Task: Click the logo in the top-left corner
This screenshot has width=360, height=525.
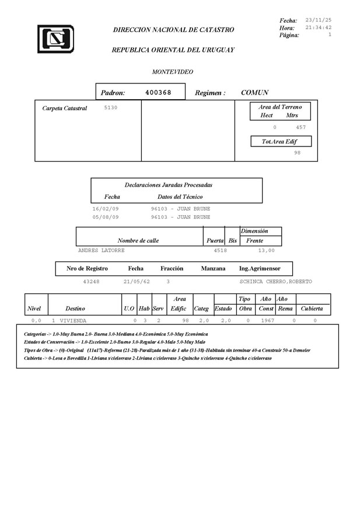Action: pyautogui.click(x=55, y=39)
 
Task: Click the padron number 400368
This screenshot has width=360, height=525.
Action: pyautogui.click(x=158, y=92)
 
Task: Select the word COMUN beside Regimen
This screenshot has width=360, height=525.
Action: pyautogui.click(x=254, y=93)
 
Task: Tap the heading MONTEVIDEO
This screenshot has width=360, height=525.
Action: pyautogui.click(x=173, y=72)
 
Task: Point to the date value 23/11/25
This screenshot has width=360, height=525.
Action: pyautogui.click(x=318, y=20)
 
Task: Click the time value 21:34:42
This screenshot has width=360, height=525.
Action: pyautogui.click(x=318, y=27)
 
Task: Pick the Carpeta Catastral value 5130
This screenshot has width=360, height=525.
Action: pyautogui.click(x=111, y=107)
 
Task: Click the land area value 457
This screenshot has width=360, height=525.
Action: pyautogui.click(x=301, y=127)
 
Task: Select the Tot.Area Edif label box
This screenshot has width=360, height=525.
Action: pyautogui.click(x=281, y=142)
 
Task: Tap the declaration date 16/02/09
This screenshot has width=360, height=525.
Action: pyautogui.click(x=106, y=208)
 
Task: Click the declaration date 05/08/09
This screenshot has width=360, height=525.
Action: pyautogui.click(x=106, y=216)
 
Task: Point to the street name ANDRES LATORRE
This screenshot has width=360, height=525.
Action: pyautogui.click(x=101, y=250)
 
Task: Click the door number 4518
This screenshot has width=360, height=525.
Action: pyautogui.click(x=220, y=250)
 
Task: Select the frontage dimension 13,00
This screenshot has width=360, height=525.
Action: pyautogui.click(x=266, y=250)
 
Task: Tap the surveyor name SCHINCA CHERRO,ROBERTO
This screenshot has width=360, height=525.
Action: pyautogui.click(x=275, y=281)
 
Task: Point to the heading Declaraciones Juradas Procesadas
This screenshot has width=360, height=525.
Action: pyautogui.click(x=169, y=185)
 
